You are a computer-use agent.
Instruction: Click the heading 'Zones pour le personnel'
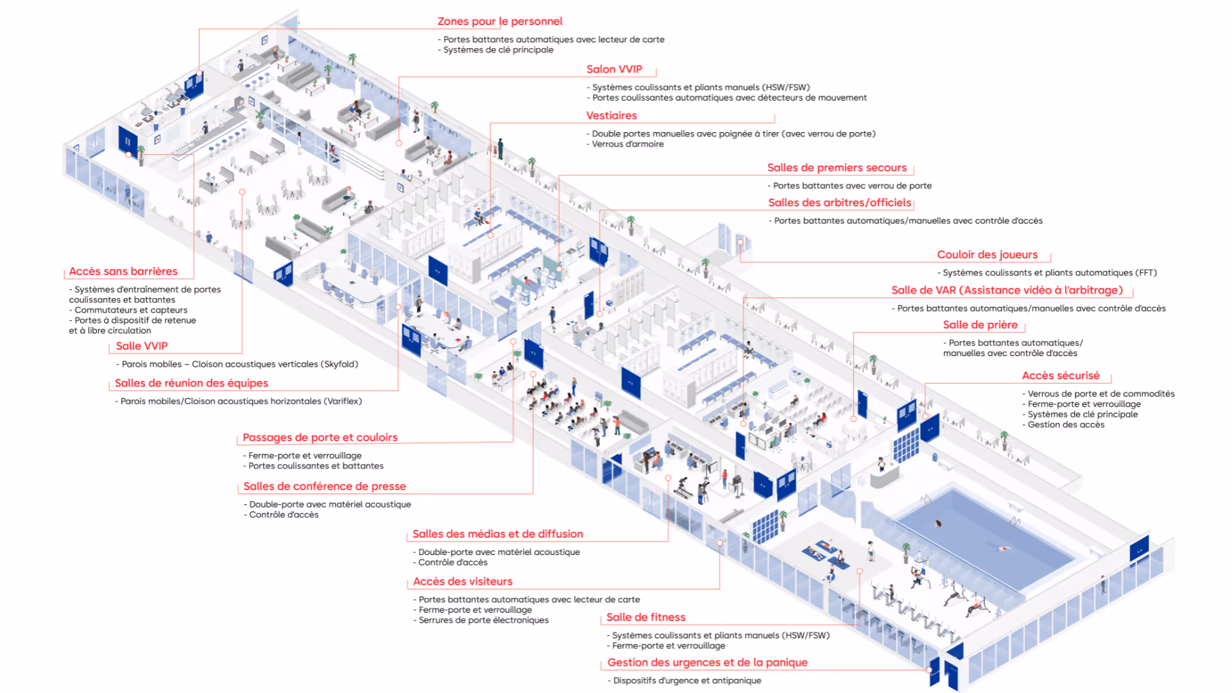[500, 21]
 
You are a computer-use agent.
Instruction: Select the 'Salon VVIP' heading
[614, 69]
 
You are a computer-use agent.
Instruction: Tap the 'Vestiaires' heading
[612, 116]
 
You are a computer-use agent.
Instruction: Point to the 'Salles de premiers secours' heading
[837, 167]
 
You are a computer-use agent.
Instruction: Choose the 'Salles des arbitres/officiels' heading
[839, 203]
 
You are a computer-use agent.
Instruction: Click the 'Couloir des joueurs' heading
[987, 255]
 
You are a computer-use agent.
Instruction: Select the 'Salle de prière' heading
[980, 325]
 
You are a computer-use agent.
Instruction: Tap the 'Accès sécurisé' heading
[1061, 375]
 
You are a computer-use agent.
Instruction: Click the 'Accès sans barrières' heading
[123, 271]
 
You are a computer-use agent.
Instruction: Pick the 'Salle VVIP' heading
[142, 346]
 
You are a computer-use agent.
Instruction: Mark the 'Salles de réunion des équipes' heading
[191, 383]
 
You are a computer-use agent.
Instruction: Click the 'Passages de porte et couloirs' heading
[320, 438]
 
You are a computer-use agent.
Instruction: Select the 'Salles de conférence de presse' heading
[325, 486]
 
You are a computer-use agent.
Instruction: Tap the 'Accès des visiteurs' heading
[463, 581]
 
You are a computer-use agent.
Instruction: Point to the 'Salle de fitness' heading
[646, 617]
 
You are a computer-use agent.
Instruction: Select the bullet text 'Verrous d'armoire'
[628, 144]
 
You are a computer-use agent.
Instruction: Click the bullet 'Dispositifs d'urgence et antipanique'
[687, 681]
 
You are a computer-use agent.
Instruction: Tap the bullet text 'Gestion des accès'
[1066, 425]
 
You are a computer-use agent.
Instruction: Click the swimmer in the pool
[1002, 549]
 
